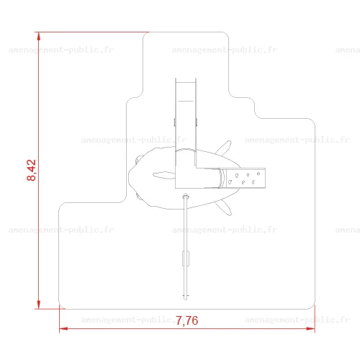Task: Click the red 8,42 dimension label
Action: click(x=32, y=170)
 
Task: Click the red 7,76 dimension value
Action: click(x=187, y=320)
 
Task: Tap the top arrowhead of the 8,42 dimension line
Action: click(x=39, y=36)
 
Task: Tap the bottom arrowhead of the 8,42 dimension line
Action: click(x=39, y=305)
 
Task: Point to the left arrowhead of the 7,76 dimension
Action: click(x=63, y=328)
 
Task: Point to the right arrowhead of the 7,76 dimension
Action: click(x=310, y=328)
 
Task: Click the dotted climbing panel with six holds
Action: click(x=246, y=178)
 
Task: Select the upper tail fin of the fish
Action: click(x=224, y=148)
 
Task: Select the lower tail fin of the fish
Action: click(x=224, y=207)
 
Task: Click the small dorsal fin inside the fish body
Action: click(x=164, y=175)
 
